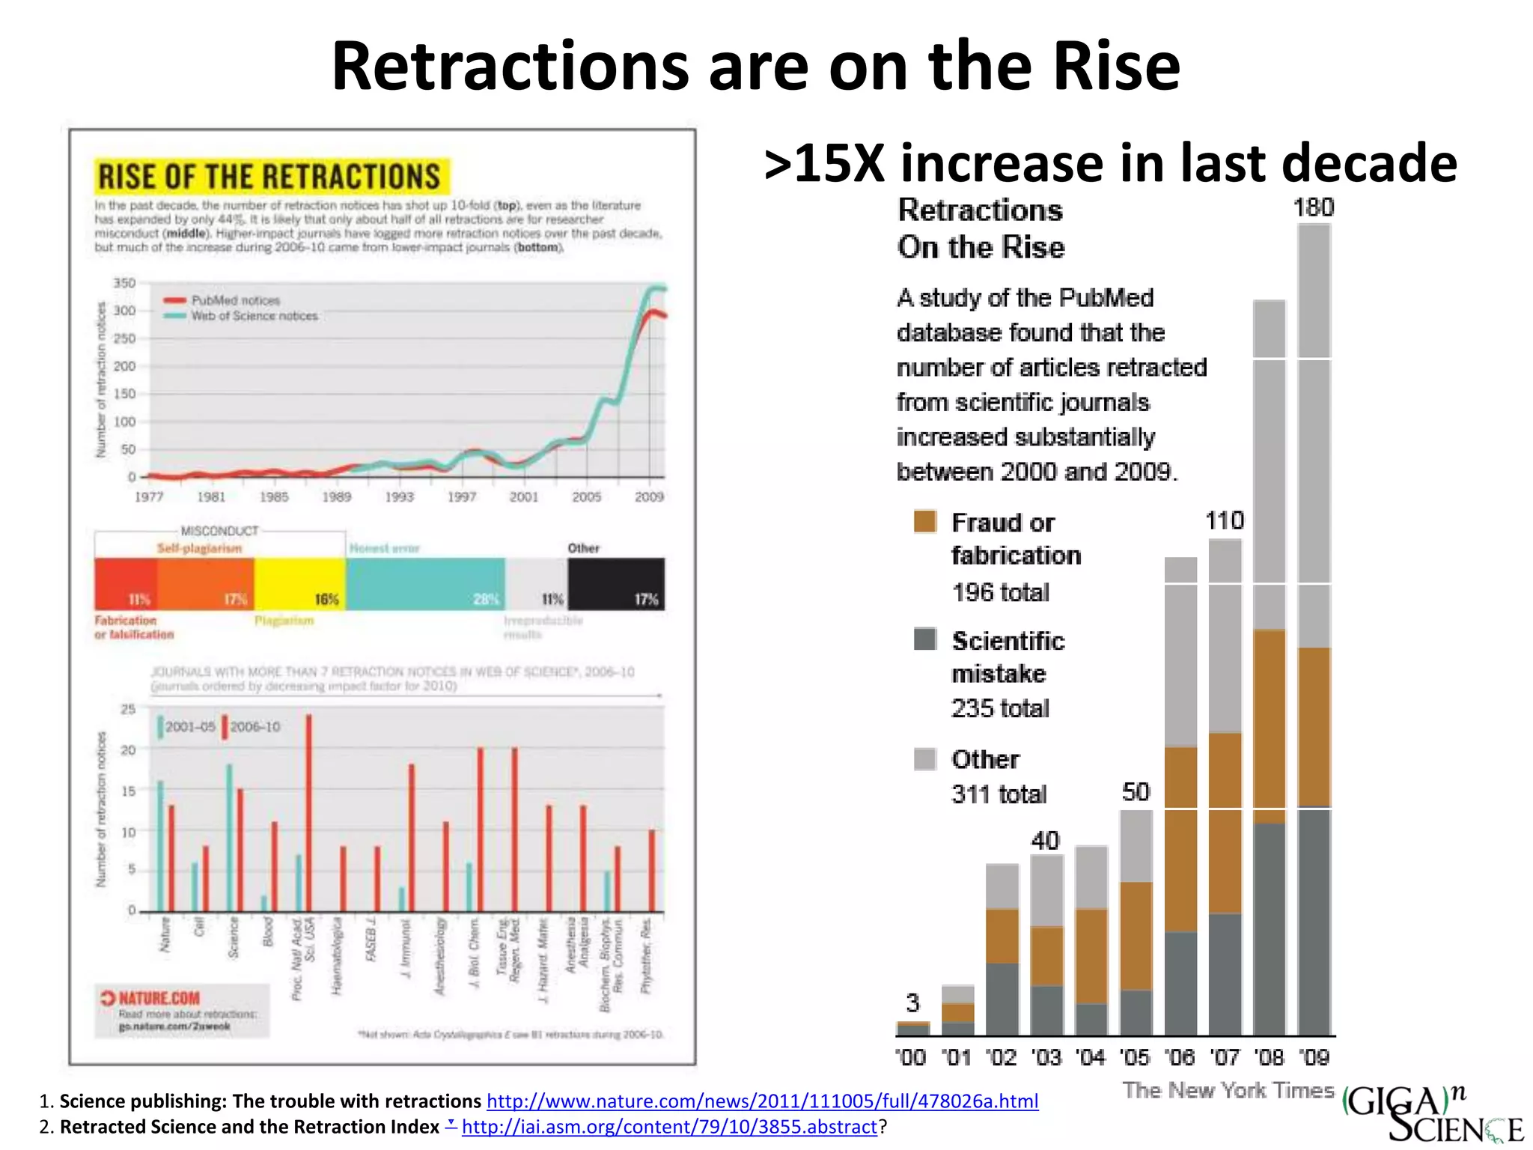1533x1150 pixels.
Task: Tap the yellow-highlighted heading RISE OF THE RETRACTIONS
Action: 270,177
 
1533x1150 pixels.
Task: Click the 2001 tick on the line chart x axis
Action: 524,496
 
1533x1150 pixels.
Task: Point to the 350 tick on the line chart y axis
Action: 124,283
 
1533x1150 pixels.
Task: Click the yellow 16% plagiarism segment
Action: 299,584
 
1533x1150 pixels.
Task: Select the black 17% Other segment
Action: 616,584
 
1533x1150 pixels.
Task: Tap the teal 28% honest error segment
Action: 425,584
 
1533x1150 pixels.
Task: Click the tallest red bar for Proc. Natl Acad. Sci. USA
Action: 309,812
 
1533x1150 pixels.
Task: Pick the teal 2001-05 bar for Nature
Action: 160,846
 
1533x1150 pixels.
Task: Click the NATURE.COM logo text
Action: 159,998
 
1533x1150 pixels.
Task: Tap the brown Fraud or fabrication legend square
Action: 925,521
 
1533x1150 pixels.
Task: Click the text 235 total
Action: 1000,708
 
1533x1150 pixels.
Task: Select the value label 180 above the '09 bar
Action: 1314,207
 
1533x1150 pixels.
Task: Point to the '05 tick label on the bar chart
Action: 1135,1057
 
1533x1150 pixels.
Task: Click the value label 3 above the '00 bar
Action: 912,1003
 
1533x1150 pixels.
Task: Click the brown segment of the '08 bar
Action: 1270,726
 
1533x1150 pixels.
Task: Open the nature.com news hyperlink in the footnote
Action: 762,1101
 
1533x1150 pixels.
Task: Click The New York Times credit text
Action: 1228,1090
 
